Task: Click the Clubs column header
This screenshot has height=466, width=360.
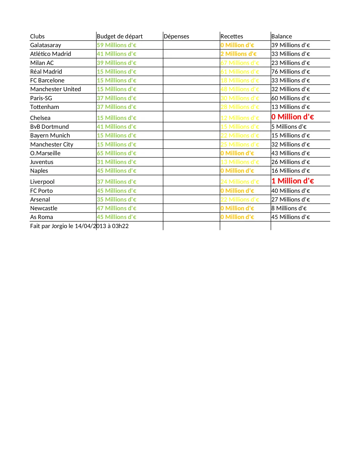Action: pos(37,36)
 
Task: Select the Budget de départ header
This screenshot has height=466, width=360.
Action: pos(119,36)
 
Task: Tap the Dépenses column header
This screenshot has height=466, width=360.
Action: pos(176,36)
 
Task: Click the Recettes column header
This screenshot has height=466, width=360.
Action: pos(232,36)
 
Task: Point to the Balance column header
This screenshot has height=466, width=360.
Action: pos(282,36)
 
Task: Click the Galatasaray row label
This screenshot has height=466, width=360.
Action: pos(45,45)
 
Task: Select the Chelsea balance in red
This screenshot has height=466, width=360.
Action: pos(293,117)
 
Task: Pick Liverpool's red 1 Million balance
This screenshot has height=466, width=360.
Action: pos(293,181)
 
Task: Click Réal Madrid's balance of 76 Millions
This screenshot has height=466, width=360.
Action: pos(291,72)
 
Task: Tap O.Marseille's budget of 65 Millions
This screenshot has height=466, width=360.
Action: pos(116,153)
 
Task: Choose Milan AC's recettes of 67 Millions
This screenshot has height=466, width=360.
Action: pos(240,63)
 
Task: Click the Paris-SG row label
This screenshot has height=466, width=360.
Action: pos(41,98)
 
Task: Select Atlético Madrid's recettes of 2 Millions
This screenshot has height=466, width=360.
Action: pos(238,54)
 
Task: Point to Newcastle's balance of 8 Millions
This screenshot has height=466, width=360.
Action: pos(289,208)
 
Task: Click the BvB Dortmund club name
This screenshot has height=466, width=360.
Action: pos(49,127)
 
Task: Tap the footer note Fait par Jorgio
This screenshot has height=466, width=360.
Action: pos(79,226)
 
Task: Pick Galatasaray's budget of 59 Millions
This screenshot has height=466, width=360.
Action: pos(116,45)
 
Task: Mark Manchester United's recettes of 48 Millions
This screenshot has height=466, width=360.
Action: pos(240,89)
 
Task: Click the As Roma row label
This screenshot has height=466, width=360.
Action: pos(42,217)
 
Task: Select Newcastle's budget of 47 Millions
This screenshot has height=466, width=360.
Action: pos(116,208)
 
